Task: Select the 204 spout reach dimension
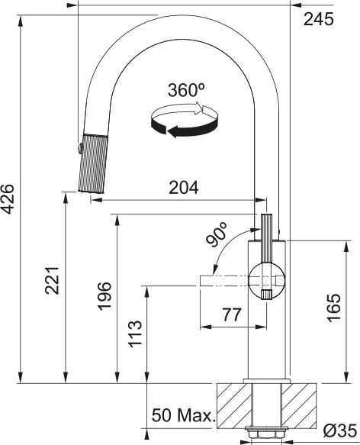tap(182, 187)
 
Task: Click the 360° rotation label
tap(187, 89)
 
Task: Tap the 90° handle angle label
tap(217, 235)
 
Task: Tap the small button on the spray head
tap(78, 145)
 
